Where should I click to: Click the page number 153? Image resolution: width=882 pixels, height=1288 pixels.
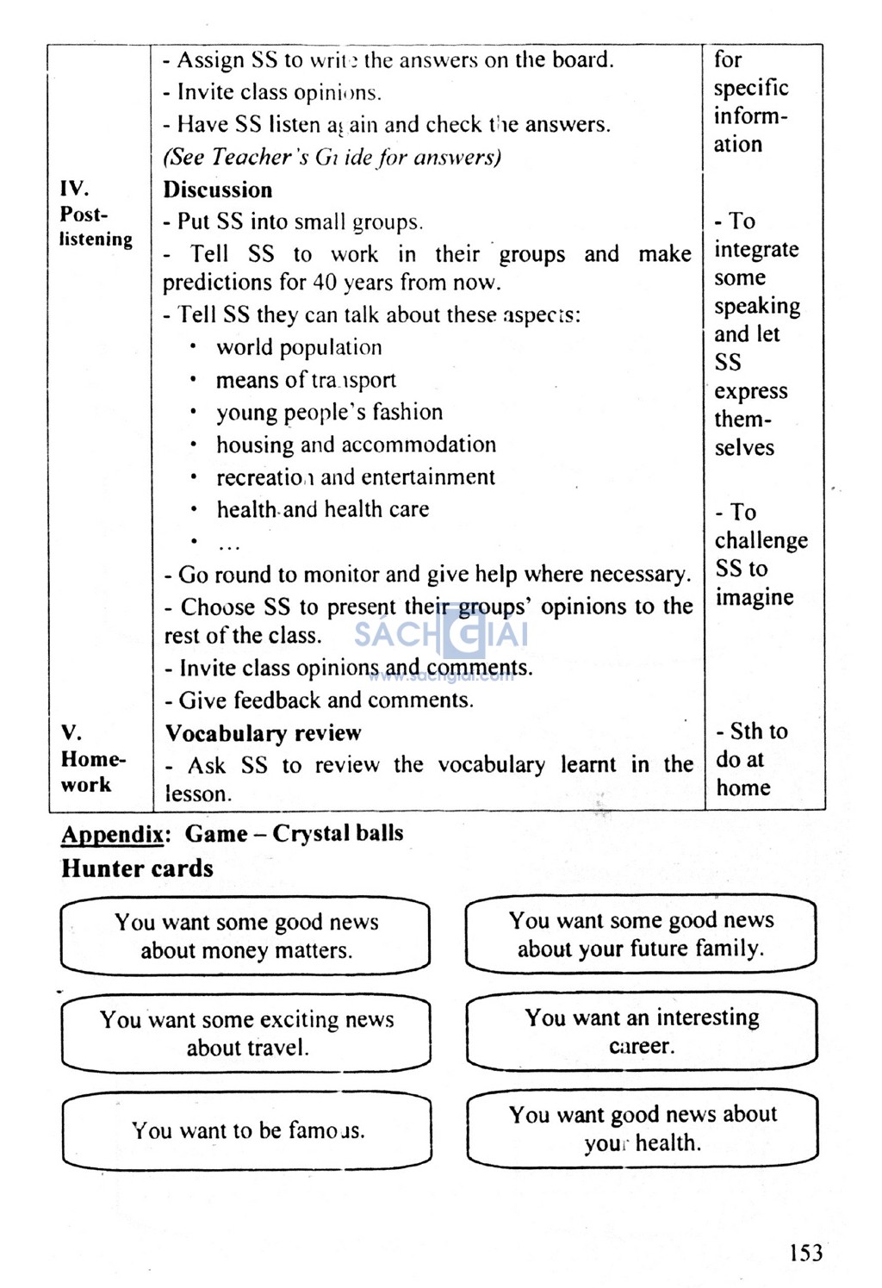click(804, 1252)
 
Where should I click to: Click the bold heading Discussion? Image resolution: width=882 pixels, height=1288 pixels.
click(218, 190)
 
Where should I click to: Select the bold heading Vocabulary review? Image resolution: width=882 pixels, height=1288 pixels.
click(263, 733)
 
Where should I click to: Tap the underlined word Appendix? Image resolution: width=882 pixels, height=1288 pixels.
click(112, 834)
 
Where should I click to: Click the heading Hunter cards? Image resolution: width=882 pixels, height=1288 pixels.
click(137, 868)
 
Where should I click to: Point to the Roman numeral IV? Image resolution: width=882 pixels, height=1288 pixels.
click(74, 189)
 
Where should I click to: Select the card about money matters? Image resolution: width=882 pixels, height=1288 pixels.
click(245, 936)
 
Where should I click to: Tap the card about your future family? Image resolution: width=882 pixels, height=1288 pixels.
click(640, 934)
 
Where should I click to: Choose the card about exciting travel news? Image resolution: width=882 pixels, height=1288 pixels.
click(246, 1033)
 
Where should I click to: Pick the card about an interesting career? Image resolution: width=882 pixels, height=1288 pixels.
click(641, 1031)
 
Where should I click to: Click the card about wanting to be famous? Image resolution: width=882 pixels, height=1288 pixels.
click(247, 1130)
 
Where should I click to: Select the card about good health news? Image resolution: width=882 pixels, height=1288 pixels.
click(642, 1128)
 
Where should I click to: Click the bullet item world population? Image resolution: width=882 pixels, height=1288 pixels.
click(299, 347)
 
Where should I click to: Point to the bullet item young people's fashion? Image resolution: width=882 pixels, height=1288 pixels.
click(329, 413)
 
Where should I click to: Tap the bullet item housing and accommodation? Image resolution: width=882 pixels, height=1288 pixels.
click(356, 445)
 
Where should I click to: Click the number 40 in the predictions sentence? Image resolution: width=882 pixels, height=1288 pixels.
click(325, 283)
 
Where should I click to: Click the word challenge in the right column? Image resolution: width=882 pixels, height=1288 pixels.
click(761, 540)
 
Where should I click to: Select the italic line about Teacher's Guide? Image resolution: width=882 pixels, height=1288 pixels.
click(332, 157)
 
